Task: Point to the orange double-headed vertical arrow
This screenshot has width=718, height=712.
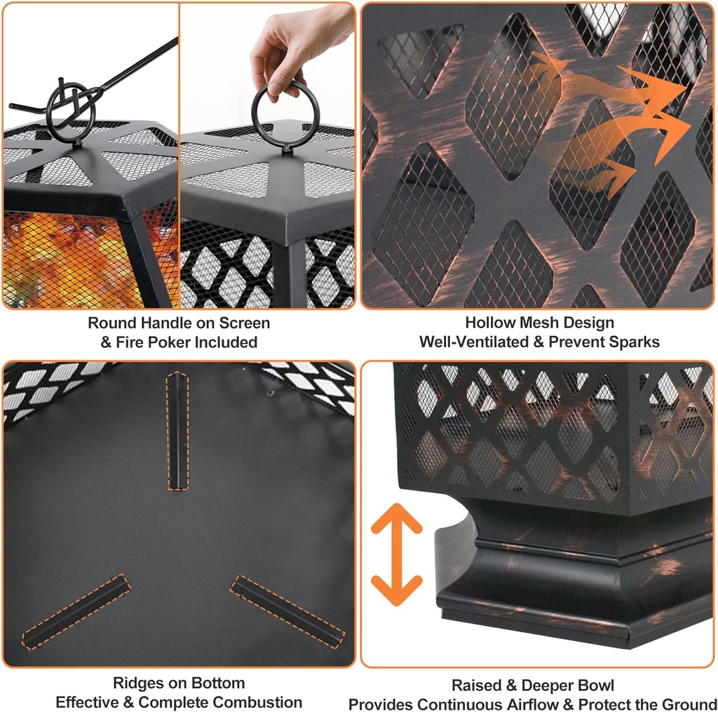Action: tap(396, 555)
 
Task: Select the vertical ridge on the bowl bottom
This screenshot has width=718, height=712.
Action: tap(178, 431)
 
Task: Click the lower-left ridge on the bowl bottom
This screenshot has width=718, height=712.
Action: tap(76, 610)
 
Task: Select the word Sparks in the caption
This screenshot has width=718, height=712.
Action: tap(635, 342)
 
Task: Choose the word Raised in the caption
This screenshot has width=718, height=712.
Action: tap(475, 685)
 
